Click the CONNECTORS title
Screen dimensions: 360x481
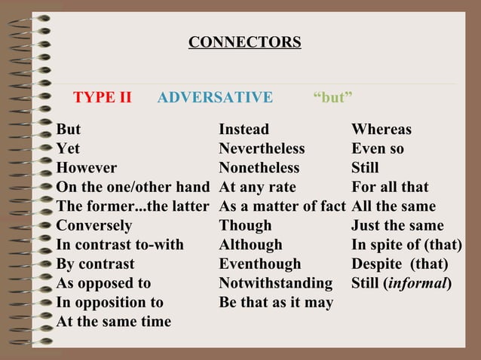pos(244,42)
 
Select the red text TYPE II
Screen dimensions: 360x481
pos(102,97)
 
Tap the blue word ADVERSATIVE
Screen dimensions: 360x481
pos(215,97)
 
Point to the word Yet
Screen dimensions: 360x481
pos(68,149)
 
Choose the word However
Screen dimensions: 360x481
pos(87,168)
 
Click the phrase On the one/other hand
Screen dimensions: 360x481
pos(133,187)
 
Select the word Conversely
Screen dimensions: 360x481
pos(94,226)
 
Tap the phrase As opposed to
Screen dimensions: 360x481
pos(103,284)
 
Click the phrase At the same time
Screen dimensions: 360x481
pos(114,322)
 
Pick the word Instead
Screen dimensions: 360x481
pos(244,130)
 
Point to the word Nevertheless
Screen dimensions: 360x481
pos(262,149)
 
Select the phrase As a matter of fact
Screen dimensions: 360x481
pos(282,206)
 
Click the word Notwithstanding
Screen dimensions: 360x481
pos(275,284)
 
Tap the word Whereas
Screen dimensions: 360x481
pos(381,130)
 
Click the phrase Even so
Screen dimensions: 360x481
pos(378,149)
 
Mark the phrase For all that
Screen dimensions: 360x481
pos(390,187)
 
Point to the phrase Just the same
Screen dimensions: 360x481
pos(397,226)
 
